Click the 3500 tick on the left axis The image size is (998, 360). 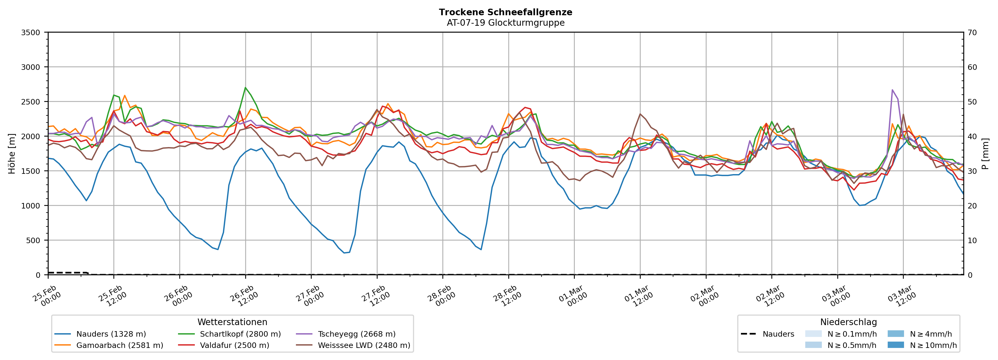(x=31, y=33)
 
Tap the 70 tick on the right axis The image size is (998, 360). (x=972, y=33)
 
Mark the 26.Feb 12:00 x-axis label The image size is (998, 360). (x=243, y=296)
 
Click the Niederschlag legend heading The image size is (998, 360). (x=848, y=322)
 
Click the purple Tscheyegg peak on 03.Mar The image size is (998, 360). (x=892, y=90)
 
